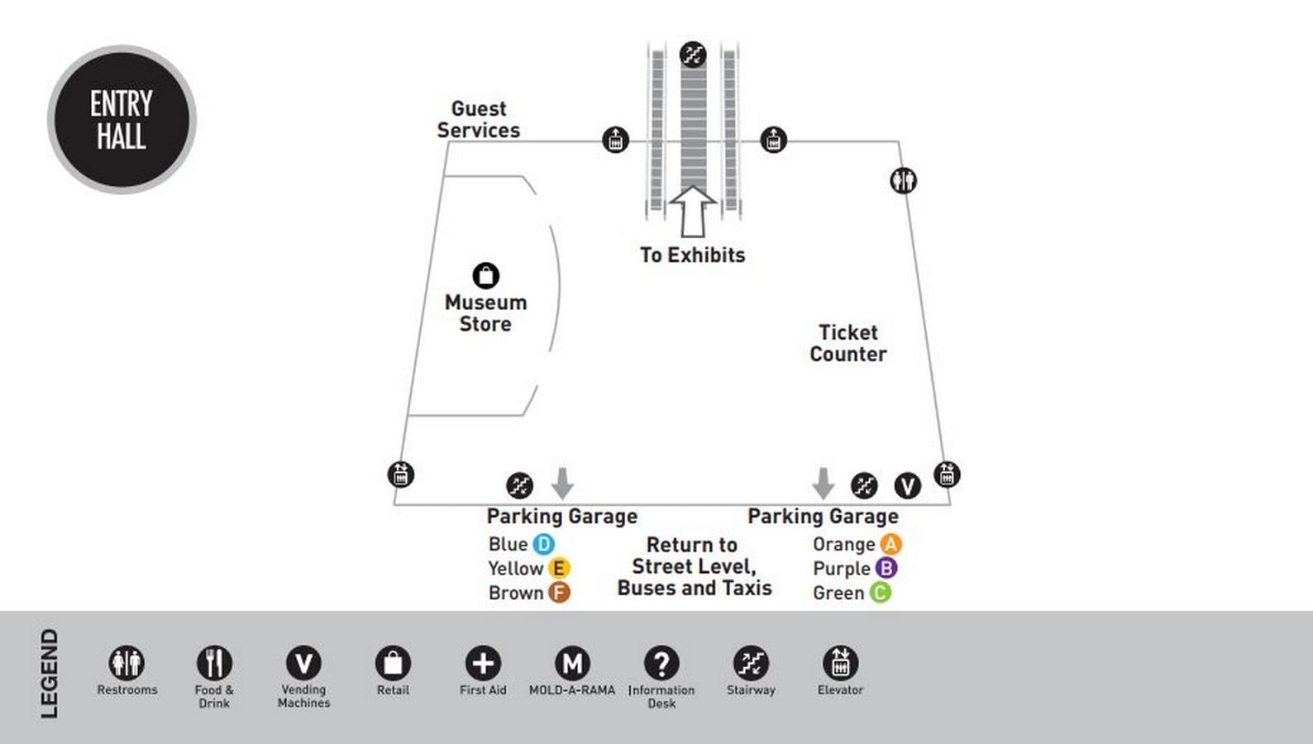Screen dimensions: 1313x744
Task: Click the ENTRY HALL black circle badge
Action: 122,120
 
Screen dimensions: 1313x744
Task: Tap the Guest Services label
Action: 478,120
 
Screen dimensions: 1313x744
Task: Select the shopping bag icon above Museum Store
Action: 486,275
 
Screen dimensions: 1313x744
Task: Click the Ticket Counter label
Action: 848,343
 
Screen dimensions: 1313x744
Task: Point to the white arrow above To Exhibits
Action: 693,212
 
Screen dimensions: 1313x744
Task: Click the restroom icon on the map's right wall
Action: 903,180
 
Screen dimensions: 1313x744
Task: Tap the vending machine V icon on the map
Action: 908,485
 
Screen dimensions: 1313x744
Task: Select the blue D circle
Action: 543,544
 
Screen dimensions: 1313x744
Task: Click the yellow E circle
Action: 559,568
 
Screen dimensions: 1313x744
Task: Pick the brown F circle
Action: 559,592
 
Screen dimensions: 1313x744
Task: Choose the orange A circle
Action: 891,544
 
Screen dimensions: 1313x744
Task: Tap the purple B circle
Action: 886,568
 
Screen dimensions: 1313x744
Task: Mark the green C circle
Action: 880,592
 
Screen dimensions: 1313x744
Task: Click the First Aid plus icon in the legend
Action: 483,663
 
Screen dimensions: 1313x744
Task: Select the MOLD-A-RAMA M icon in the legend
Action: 572,663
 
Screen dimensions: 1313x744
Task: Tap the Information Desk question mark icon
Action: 661,663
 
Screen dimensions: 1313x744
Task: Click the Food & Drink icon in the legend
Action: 214,663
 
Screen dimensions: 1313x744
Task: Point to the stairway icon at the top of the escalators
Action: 693,55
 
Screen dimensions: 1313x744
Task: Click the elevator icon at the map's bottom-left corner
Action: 401,475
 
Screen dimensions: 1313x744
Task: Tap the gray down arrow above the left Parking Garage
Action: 563,484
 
